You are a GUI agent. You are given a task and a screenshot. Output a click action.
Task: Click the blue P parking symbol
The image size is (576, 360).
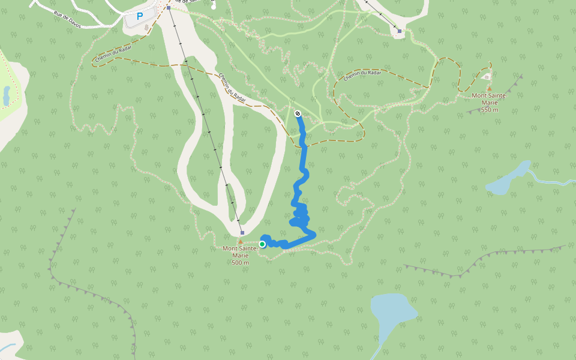click(x=140, y=17)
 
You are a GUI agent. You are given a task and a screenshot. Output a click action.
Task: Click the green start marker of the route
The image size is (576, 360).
click(x=262, y=244)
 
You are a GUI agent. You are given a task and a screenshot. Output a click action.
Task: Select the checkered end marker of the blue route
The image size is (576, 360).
click(x=298, y=113)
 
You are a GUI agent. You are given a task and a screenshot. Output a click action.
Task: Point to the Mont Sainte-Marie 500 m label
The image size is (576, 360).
click(x=240, y=255)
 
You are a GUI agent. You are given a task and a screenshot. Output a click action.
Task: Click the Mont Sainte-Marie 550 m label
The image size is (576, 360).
click(x=489, y=103)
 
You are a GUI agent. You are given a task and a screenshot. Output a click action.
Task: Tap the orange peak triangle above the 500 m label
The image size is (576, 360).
click(x=241, y=242)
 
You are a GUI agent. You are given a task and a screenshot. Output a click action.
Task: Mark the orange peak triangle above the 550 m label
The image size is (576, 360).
click(x=489, y=88)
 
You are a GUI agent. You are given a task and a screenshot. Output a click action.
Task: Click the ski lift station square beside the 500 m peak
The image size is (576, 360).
click(x=242, y=233)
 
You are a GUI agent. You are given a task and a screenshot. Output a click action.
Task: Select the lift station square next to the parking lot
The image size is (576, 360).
click(x=169, y=8)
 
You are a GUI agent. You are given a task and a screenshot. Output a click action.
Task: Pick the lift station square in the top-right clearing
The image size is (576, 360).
click(x=399, y=31)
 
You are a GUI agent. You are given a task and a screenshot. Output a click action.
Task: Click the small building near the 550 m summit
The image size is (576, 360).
click(x=487, y=76)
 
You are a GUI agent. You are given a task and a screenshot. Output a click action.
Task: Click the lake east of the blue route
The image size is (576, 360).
click(x=508, y=179)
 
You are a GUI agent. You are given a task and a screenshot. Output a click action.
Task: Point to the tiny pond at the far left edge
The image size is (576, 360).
click(x=7, y=95)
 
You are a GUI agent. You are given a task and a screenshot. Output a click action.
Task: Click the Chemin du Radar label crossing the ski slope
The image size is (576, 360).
click(x=232, y=88)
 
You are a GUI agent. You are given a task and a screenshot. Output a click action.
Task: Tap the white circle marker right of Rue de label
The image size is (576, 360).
click(x=214, y=7)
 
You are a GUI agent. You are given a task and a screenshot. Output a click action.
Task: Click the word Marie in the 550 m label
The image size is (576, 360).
click(x=489, y=103)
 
